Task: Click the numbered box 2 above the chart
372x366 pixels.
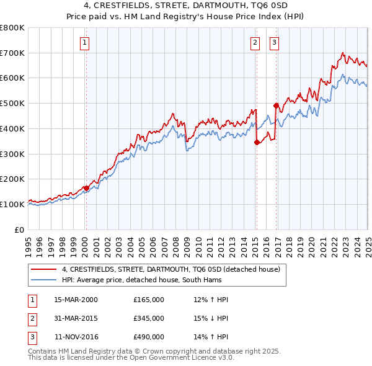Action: [255, 43]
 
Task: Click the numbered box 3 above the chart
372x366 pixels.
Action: [274, 43]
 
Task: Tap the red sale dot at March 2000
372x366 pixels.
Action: [86, 188]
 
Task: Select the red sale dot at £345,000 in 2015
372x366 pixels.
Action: [257, 142]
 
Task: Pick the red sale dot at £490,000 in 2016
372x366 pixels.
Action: [276, 105]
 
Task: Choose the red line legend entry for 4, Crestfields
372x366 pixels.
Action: [171, 269]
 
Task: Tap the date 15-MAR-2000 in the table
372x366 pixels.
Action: [76, 300]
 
